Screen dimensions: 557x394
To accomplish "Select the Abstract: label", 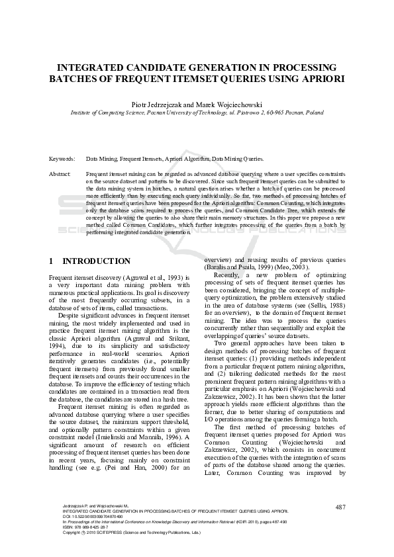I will pos(61,173).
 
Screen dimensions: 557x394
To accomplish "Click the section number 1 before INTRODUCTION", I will pos(52,261).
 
